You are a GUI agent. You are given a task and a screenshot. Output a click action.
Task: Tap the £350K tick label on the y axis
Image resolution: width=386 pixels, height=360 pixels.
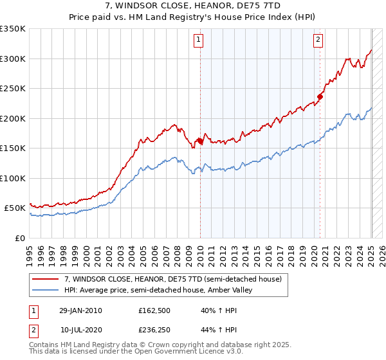[13, 29]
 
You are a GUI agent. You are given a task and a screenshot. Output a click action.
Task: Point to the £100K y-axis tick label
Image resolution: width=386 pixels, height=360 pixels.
[13, 178]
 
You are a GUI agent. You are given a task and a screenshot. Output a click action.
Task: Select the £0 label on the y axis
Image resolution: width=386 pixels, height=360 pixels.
[21, 238]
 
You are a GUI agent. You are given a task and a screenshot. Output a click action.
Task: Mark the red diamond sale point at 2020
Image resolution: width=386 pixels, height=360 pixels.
[320, 97]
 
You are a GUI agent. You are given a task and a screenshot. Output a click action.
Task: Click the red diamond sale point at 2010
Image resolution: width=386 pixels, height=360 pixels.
[200, 141]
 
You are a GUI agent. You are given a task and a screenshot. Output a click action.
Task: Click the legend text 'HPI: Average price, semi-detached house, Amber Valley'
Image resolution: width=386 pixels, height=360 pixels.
[158, 291]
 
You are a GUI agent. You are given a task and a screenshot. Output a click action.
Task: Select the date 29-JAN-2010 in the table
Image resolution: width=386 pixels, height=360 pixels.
[80, 310]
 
